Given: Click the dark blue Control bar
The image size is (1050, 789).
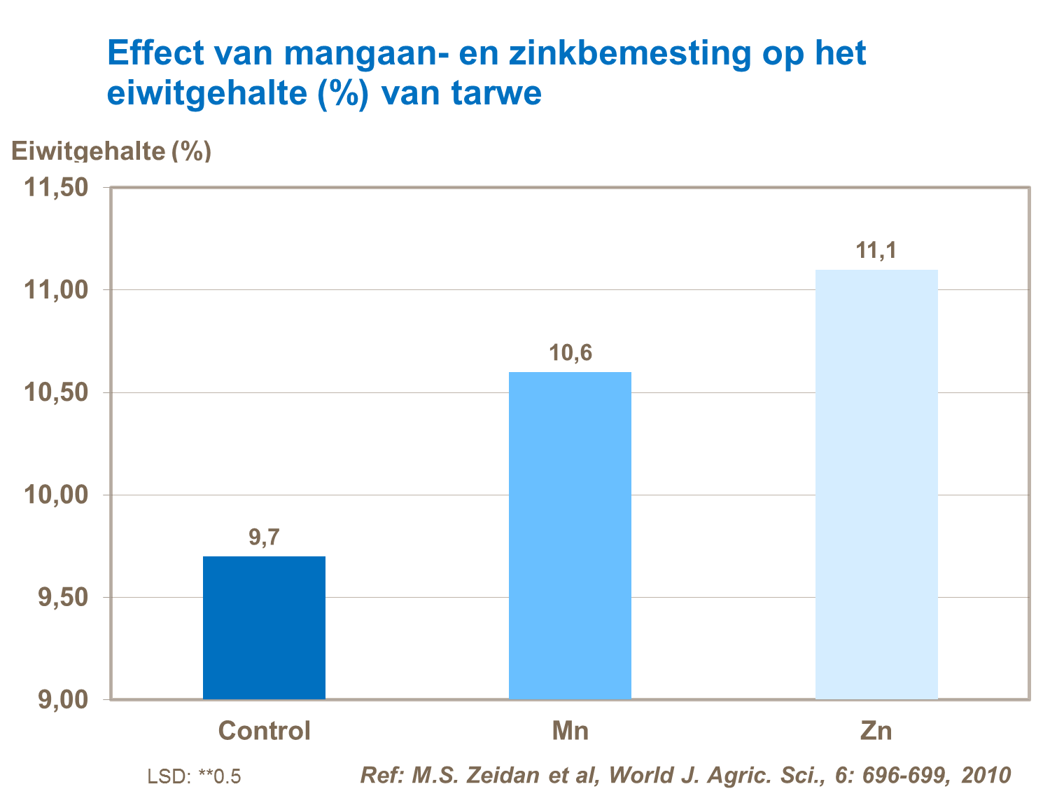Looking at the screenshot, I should pos(264,627).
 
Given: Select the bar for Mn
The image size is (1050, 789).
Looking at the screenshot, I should pos(570,535).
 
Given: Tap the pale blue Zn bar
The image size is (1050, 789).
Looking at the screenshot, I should pos(876,484).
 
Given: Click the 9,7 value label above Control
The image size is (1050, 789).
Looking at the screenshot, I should pos(264,537).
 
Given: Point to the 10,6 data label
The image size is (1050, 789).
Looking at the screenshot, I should pos(570,353).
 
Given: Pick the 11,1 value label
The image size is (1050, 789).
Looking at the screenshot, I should pos(876,250).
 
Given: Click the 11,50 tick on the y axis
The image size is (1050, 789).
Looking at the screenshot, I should pos(57,188).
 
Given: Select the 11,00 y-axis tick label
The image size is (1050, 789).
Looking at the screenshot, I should pos(57,290).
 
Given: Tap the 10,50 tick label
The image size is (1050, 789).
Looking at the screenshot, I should pos(57,392).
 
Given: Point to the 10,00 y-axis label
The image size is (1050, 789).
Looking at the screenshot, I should pos(57,495).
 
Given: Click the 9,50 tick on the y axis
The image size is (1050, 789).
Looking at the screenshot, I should pos(63,598).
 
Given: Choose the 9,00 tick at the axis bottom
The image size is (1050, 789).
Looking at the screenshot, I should pos(63,699).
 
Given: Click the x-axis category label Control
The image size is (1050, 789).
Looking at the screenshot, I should pos(264,731).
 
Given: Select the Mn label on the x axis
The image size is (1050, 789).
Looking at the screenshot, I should pos(570,731).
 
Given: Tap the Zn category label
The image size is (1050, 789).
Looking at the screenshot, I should pos(876,731).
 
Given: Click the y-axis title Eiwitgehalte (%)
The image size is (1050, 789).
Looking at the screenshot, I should pos(111,151).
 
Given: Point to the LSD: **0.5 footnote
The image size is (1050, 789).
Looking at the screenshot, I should pos(194,776).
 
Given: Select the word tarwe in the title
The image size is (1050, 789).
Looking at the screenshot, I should pos(496,93).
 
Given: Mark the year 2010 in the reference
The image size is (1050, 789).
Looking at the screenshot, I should pos(986,775).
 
